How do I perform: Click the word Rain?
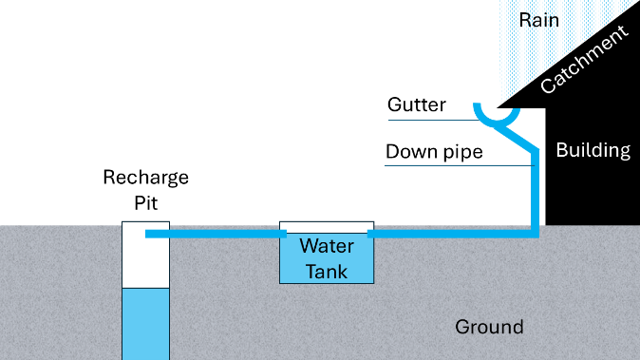(538, 20)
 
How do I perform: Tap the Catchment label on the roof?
(584, 60)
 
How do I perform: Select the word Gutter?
(416, 104)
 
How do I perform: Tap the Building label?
(593, 151)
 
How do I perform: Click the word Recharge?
(145, 178)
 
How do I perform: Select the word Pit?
(145, 203)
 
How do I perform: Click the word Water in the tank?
(327, 246)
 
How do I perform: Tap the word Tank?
(327, 272)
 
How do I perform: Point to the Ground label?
(489, 327)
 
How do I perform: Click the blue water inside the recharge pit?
(145, 324)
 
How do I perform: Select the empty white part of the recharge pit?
(145, 261)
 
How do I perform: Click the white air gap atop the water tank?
(327, 227)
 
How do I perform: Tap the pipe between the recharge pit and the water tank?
(216, 234)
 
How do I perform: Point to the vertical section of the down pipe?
(536, 192)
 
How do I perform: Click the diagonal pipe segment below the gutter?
(517, 139)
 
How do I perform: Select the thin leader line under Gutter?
(434, 120)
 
